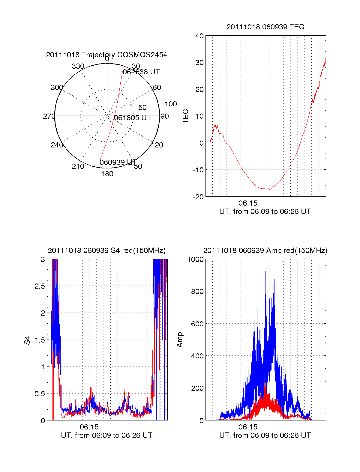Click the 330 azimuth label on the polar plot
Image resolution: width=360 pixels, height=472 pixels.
78,66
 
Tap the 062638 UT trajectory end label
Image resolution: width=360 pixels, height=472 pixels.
141,72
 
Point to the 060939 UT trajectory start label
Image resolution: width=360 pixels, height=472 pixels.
118,162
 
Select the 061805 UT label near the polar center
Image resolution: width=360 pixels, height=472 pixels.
132,118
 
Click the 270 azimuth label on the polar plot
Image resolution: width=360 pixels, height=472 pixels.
49,116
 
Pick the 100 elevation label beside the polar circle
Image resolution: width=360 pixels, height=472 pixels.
171,104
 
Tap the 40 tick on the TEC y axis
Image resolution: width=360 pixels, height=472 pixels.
199,36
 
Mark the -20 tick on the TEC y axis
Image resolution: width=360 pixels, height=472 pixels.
198,197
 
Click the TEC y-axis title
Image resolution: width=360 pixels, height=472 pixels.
186,116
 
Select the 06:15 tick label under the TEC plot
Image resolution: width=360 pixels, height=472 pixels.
248,203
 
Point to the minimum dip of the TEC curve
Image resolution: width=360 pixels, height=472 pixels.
270,189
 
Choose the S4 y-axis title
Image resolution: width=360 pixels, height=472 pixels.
27,340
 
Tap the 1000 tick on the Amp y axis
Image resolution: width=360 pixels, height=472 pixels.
196,260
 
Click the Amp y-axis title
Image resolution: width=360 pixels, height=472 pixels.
180,340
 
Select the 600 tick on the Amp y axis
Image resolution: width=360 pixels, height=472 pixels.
197,324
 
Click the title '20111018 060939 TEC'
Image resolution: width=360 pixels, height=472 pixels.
265,27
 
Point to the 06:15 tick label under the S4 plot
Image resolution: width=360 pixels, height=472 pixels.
89,427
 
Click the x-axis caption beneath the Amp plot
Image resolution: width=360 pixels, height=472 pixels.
265,435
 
